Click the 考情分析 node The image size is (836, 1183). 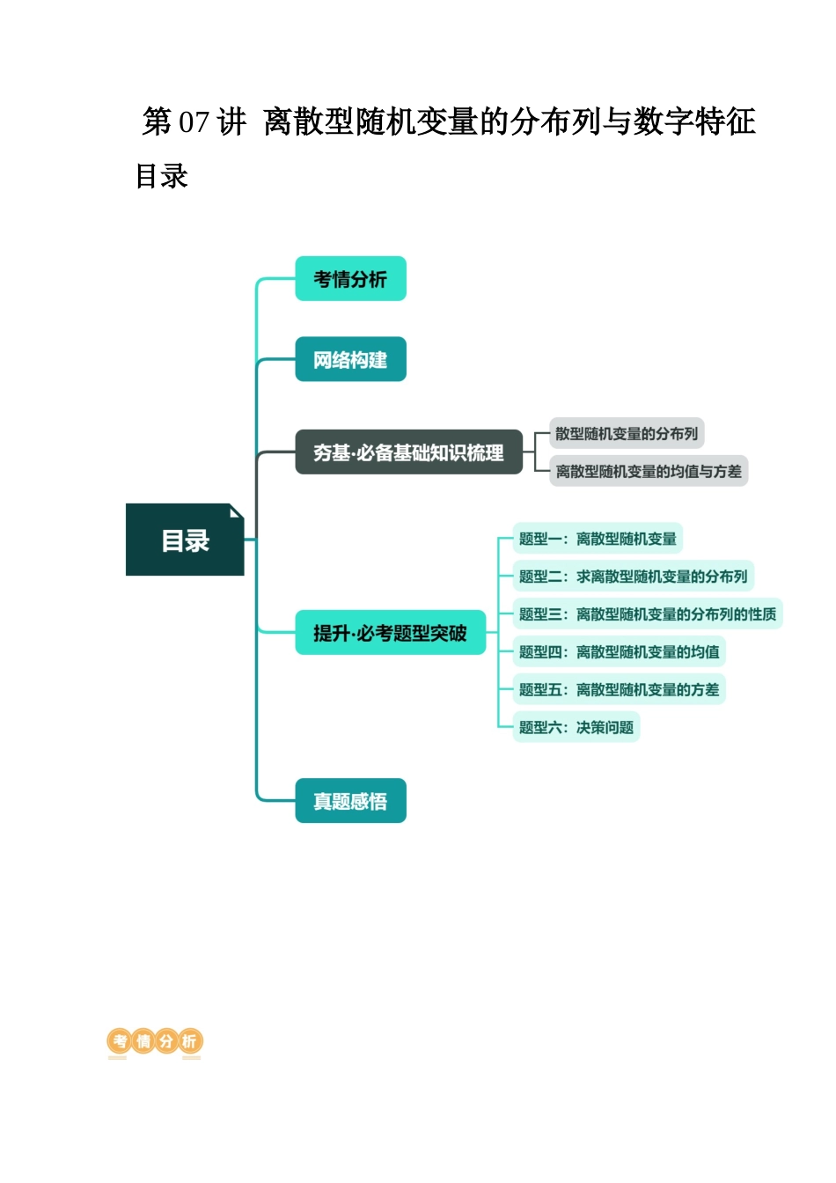tap(350, 279)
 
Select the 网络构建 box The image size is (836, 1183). tap(350, 359)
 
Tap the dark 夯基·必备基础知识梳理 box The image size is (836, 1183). tap(408, 452)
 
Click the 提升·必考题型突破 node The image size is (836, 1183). tap(390, 633)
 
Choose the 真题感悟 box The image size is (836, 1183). tap(350, 801)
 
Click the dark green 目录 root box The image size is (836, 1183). tap(185, 540)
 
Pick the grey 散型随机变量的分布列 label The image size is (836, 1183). tap(626, 433)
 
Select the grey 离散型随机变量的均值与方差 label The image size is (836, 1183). tap(649, 471)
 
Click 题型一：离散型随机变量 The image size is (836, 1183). tap(598, 539)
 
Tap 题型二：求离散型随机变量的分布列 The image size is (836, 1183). tap(633, 577)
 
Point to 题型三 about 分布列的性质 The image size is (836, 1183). tap(647, 614)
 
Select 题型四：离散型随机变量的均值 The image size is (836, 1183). tap(619, 652)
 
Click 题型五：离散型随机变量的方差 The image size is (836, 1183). tap(619, 690)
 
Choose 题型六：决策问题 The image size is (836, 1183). tap(576, 727)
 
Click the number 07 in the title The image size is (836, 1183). tap(194, 121)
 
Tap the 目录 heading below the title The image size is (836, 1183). tap(162, 176)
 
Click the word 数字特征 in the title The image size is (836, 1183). tap(694, 121)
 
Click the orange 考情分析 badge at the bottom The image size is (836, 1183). tap(155, 1042)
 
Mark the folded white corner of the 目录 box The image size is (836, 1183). tap(236, 511)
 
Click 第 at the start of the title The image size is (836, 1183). tap(157, 121)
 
